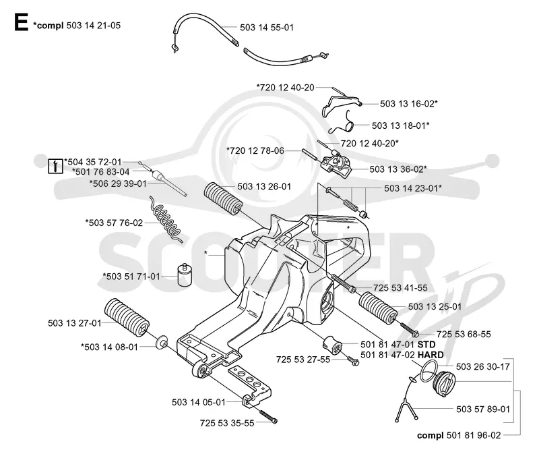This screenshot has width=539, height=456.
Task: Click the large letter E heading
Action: click(x=21, y=23)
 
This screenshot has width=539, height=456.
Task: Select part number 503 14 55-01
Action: click(x=267, y=28)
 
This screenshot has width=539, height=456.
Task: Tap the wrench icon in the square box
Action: click(x=55, y=165)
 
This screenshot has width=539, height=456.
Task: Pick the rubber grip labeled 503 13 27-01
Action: click(x=127, y=316)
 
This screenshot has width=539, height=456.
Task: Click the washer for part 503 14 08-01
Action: click(x=161, y=343)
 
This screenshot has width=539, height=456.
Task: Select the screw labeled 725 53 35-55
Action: click(x=267, y=417)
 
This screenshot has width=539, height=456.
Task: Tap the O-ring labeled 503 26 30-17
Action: click(x=429, y=371)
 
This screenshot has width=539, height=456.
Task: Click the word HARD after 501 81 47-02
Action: click(x=431, y=354)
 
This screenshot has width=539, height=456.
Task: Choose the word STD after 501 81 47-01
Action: click(x=426, y=345)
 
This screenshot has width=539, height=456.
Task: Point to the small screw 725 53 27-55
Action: click(x=352, y=360)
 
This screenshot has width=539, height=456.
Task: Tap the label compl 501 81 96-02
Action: click(x=459, y=435)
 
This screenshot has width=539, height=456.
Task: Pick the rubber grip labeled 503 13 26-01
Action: click(x=223, y=198)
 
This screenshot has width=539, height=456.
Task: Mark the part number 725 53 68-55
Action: click(x=464, y=334)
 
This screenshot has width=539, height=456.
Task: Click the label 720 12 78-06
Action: click(x=255, y=150)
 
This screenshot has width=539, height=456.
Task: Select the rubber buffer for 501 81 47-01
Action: click(x=332, y=343)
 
